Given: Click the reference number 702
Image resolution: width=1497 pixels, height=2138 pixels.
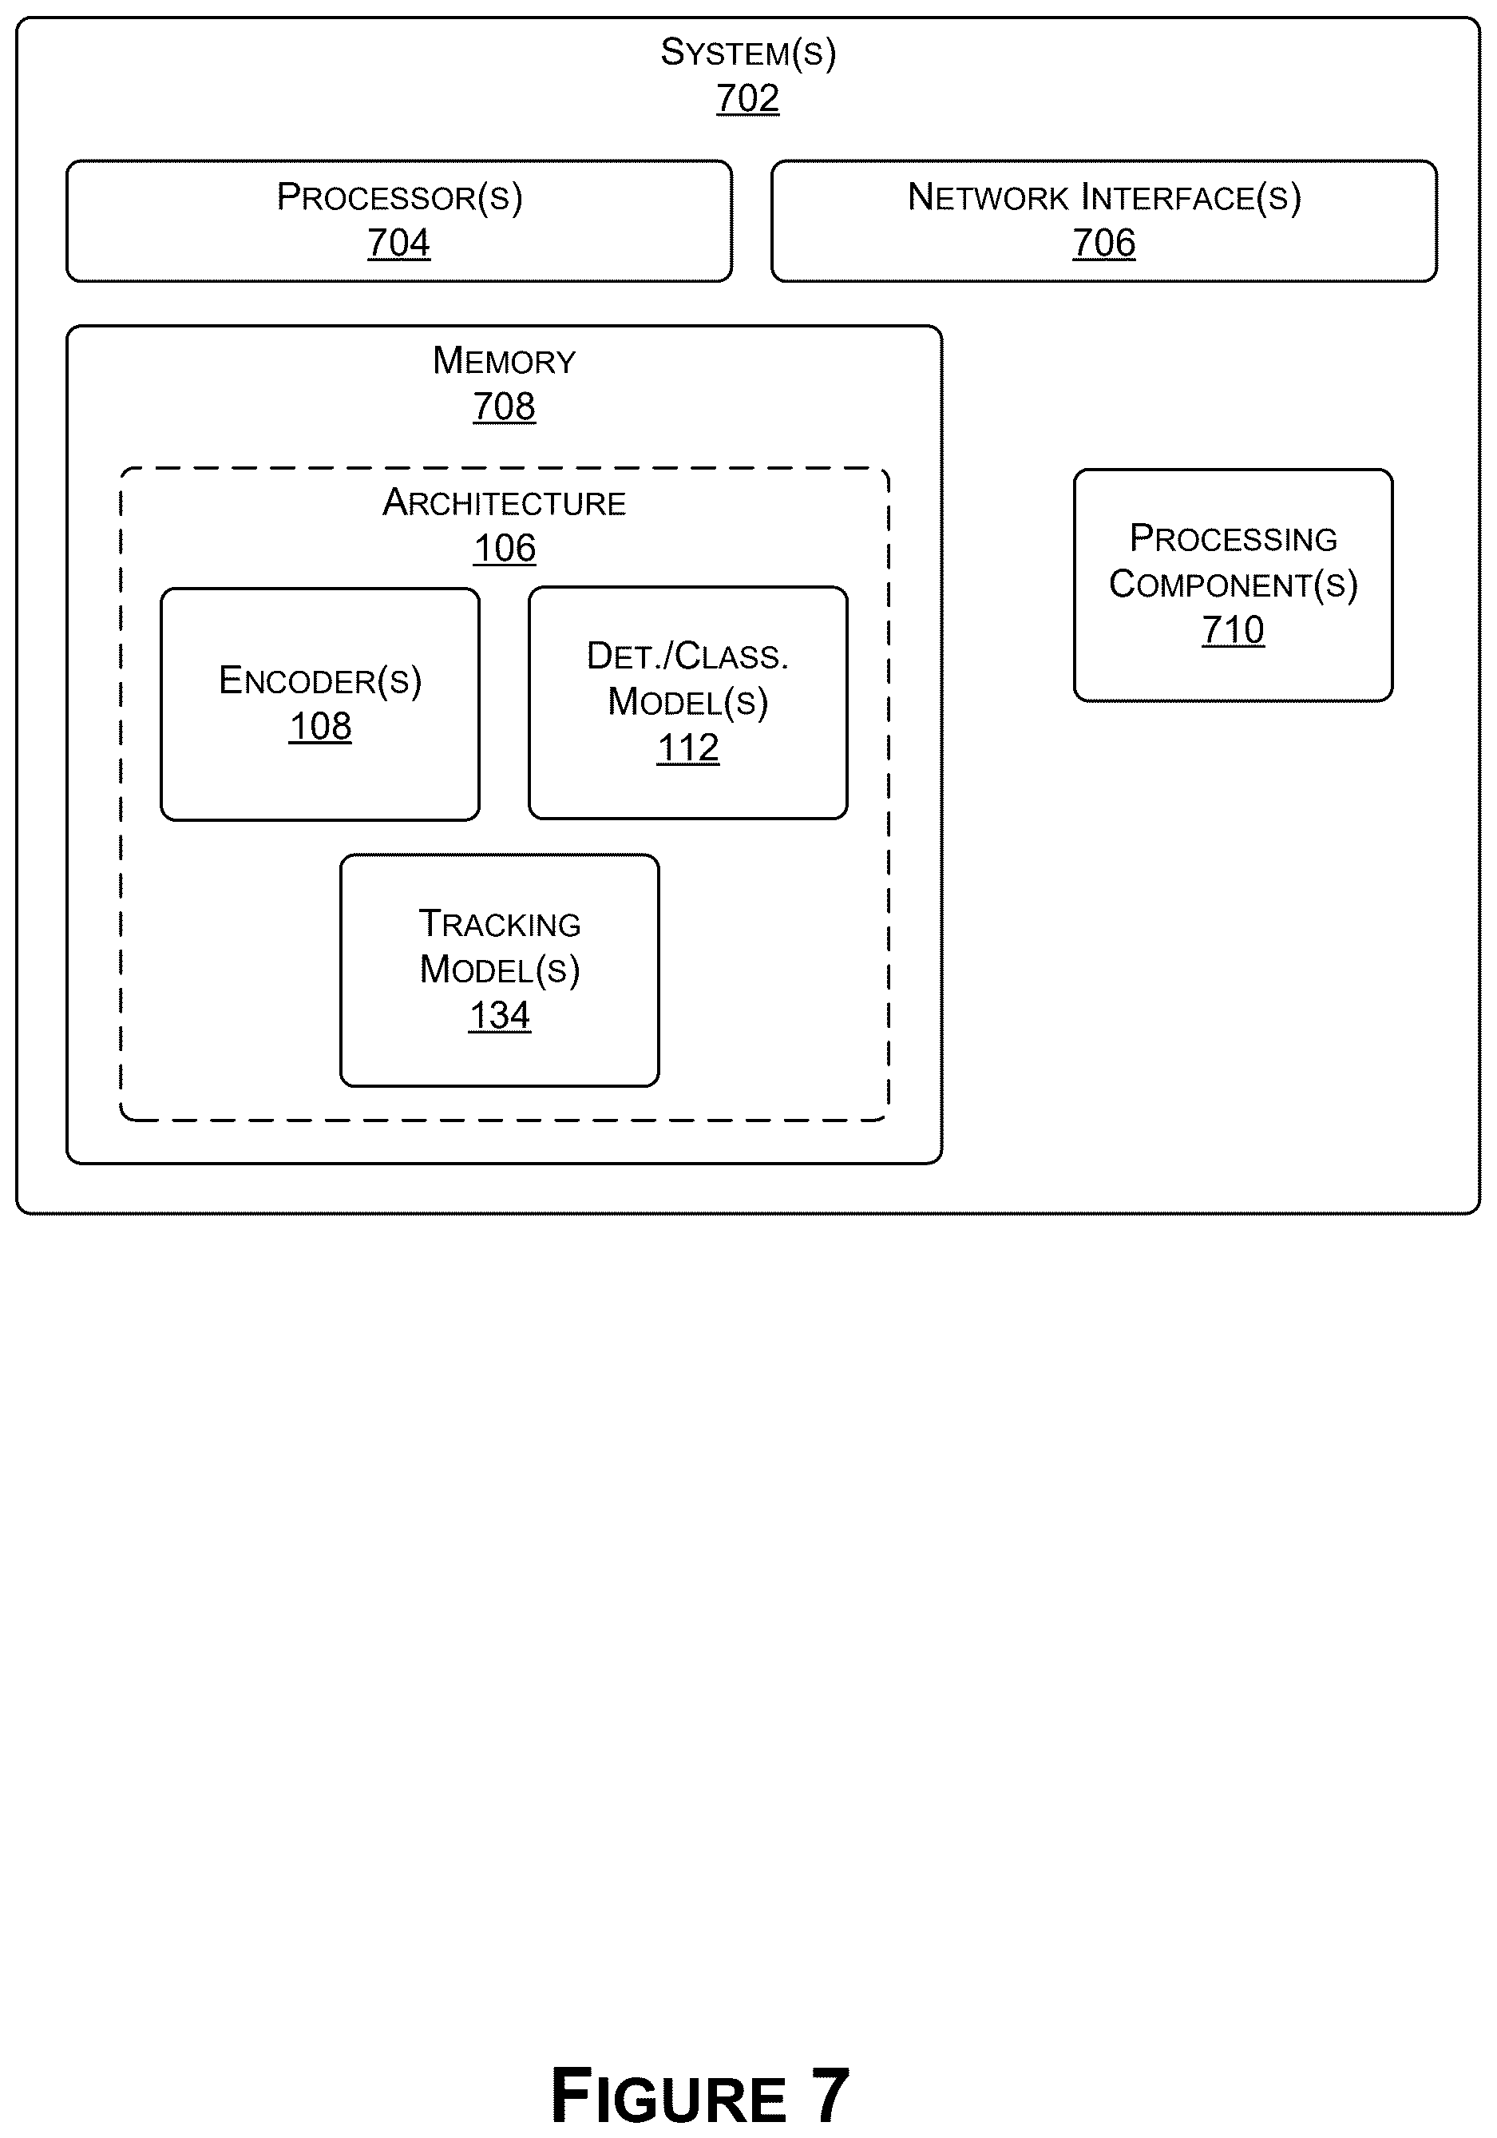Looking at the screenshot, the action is click(747, 97).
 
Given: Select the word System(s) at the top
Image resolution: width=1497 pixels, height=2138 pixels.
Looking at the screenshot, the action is click(749, 52).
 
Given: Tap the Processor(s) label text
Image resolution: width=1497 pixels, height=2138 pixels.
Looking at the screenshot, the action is click(399, 197).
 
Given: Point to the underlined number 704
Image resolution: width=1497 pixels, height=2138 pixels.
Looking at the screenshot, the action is click(398, 243).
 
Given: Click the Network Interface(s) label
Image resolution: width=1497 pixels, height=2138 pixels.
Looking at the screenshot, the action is click(1104, 197).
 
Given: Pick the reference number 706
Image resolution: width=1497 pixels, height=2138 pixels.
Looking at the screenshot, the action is click(1104, 243).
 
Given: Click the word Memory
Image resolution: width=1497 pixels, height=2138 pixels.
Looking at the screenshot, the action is click(504, 360).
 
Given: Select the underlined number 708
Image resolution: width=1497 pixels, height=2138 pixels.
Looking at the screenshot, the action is click(504, 406).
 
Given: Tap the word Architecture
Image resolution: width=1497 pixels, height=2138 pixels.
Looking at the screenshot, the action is click(504, 503).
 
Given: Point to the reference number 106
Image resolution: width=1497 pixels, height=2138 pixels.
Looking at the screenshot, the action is click(505, 549).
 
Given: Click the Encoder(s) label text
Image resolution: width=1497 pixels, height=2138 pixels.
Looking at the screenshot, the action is click(320, 680).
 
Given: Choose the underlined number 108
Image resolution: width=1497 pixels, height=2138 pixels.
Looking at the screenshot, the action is click(320, 726).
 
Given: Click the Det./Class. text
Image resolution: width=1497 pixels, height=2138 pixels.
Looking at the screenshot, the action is click(688, 656).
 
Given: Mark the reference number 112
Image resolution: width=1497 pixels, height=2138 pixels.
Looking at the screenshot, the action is click(688, 748).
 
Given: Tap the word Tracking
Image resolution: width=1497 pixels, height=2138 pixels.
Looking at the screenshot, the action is click(500, 924).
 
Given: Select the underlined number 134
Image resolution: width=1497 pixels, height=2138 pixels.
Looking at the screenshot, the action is click(500, 1015).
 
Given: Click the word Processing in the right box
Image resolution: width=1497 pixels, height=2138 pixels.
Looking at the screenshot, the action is click(1234, 538).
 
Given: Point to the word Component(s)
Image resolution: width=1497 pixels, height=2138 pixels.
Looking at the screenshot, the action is click(1234, 585).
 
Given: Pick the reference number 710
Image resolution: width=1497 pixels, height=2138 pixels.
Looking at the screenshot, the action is click(1233, 630).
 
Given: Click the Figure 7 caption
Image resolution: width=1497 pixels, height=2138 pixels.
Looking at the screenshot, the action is click(700, 2094).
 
